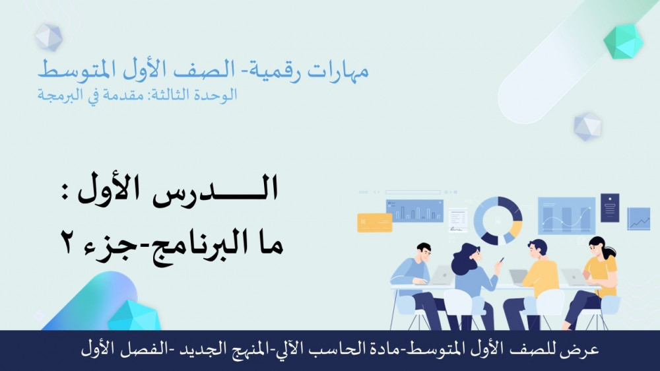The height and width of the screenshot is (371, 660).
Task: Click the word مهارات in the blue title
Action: point(338,71)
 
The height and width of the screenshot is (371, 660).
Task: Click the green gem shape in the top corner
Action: point(623,42)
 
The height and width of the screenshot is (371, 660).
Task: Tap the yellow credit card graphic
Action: point(375,222)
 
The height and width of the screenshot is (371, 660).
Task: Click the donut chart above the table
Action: point(498,220)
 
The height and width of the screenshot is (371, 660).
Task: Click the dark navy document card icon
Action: point(610,207)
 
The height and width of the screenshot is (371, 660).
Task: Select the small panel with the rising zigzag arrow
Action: point(638,219)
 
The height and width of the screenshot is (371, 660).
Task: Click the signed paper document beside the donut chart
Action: point(457,220)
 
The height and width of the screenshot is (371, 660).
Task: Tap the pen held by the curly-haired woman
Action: point(502,260)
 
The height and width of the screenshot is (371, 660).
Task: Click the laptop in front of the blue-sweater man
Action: point(440,275)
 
